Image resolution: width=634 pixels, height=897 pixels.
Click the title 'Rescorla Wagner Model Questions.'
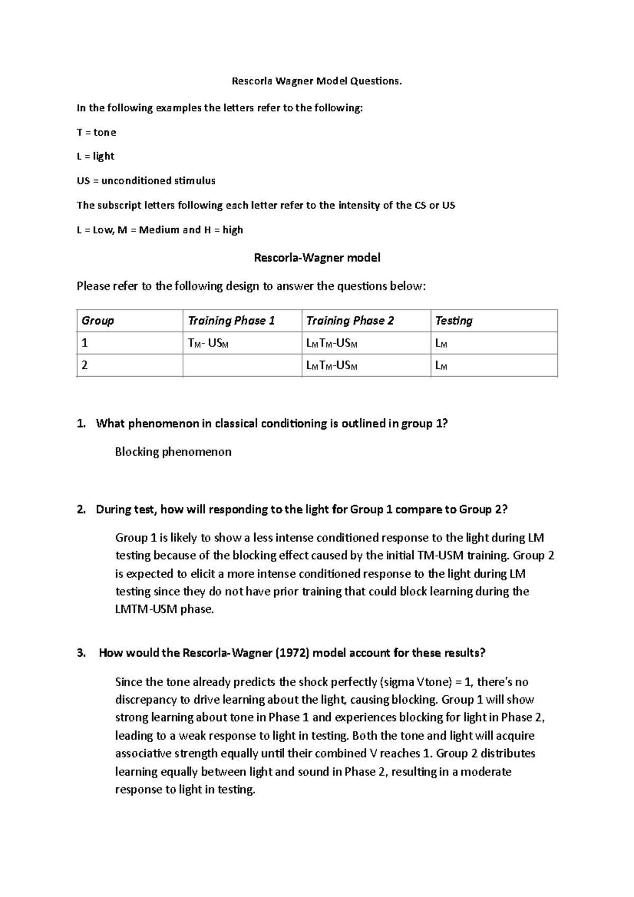pos(317,81)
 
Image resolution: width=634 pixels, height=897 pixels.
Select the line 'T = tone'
pos(96,132)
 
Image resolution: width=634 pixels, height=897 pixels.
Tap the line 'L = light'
pos(95,156)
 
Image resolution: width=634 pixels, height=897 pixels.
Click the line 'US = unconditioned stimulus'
pos(146,181)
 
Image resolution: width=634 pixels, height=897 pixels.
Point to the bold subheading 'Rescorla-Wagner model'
pos(317,258)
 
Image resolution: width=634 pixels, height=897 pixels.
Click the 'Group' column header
pos(98,321)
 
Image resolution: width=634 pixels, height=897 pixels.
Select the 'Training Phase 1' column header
pos(231,321)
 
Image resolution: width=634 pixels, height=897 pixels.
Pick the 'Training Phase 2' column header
pos(350,321)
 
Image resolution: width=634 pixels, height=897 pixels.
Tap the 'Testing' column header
pos(453,321)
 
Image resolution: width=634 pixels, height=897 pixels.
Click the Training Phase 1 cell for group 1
pos(208,344)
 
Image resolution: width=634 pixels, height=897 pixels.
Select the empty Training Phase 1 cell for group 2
pos(242,366)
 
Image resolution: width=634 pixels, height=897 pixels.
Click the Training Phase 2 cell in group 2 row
pos(332,366)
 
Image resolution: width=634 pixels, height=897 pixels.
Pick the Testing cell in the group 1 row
pos(441,344)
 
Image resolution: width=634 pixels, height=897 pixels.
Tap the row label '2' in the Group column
pos(85,366)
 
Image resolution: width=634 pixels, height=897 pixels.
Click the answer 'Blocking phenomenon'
pos(173,452)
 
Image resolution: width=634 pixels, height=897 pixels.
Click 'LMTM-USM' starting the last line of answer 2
pos(146,609)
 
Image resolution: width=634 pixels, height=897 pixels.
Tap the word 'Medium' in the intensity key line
pos(159,230)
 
